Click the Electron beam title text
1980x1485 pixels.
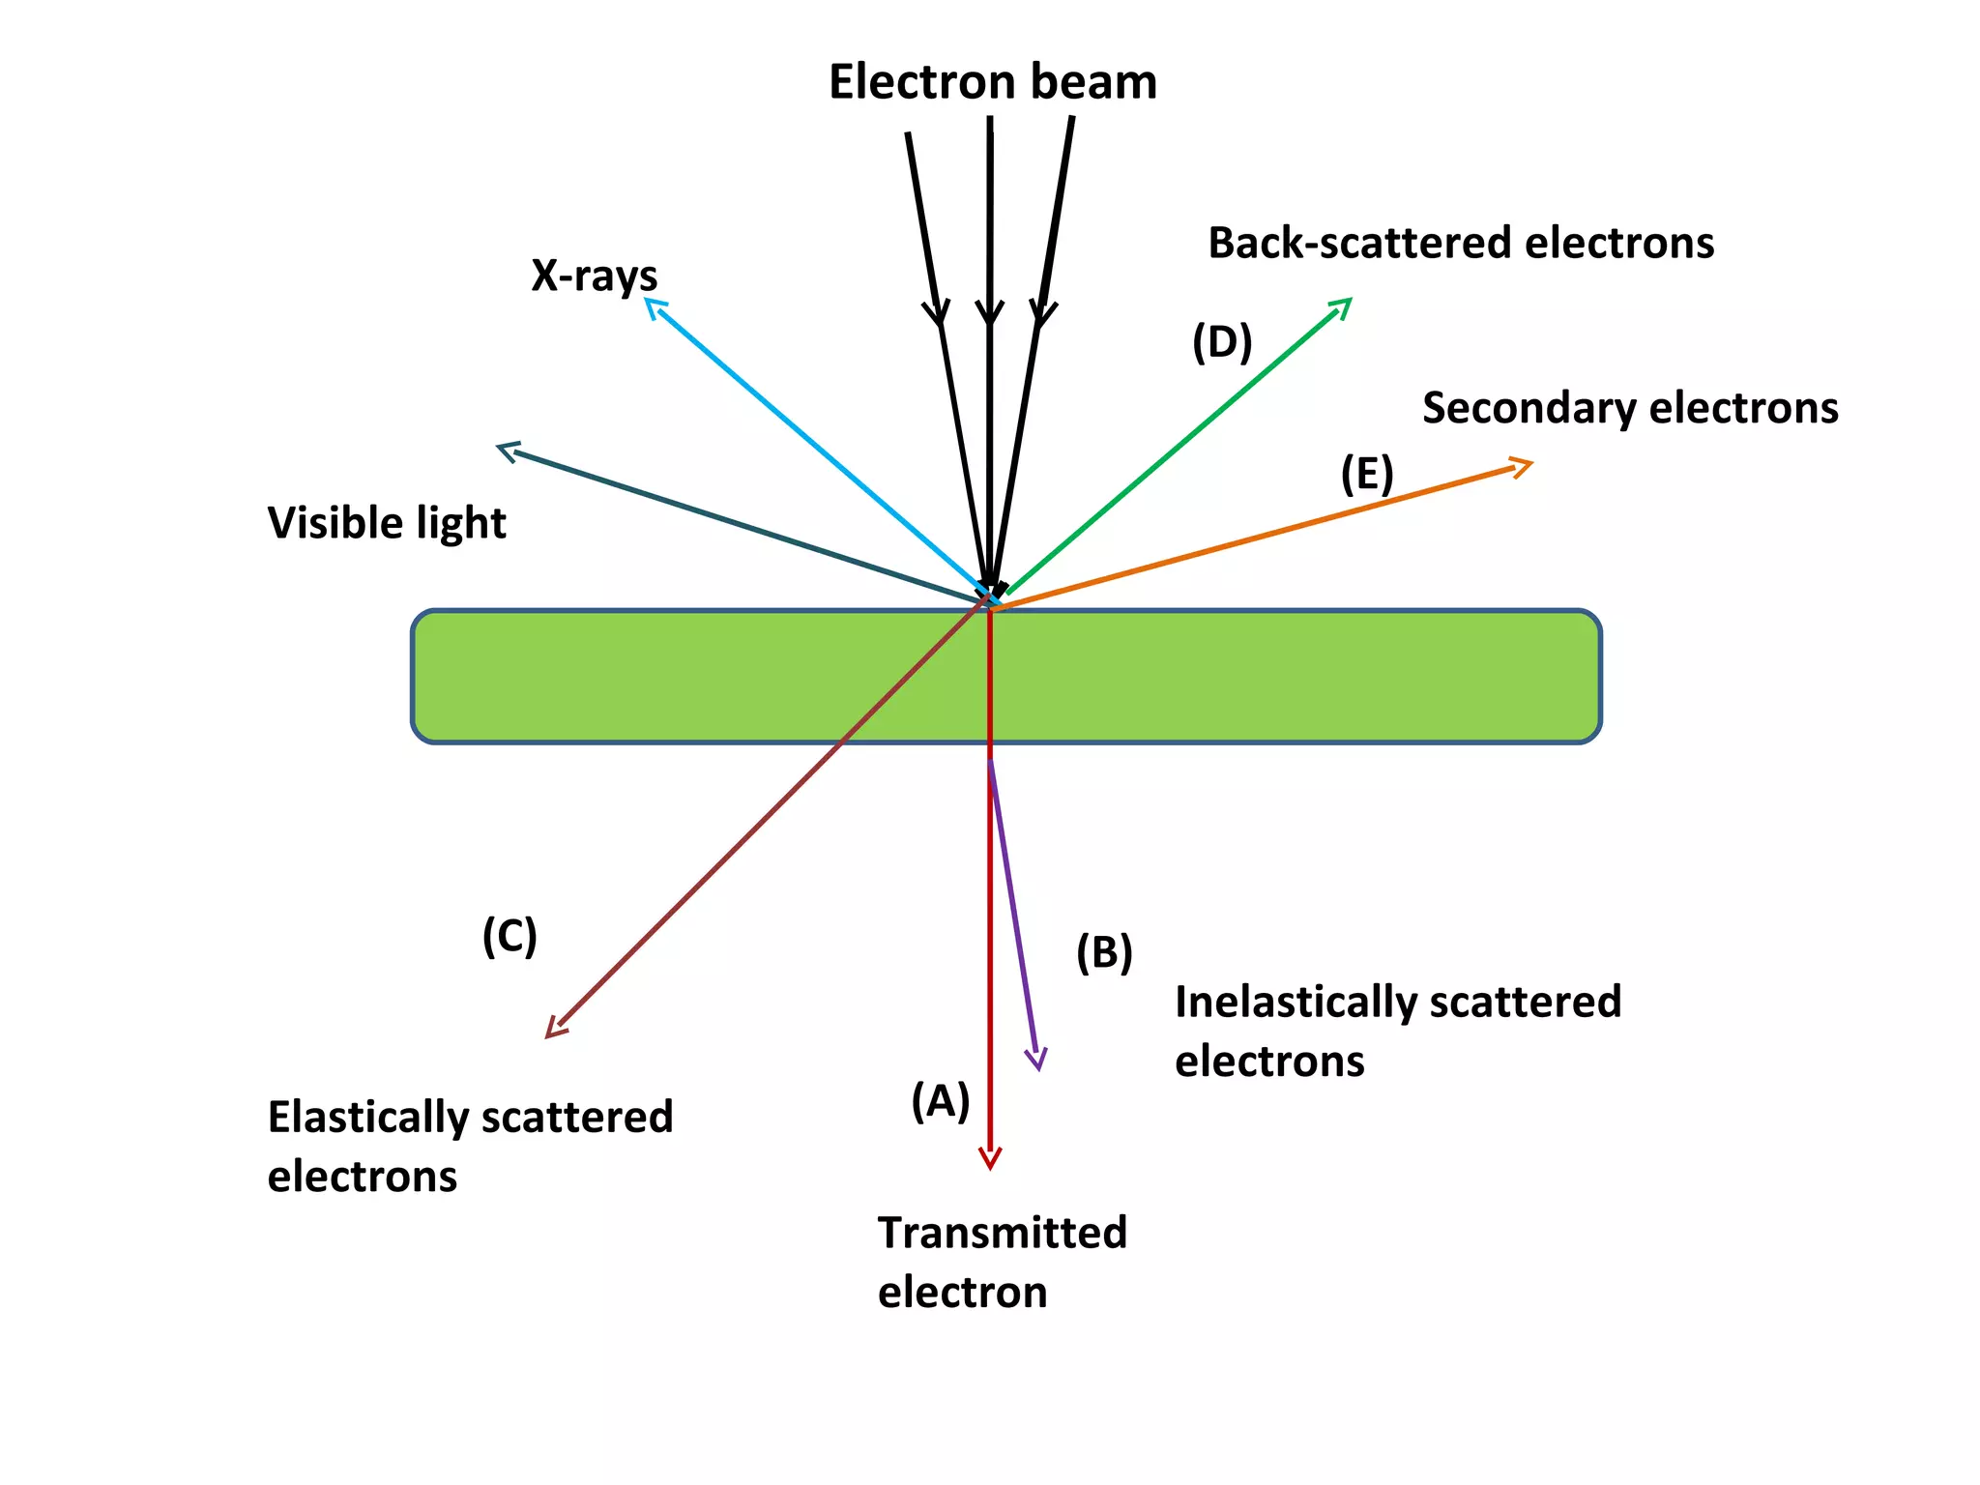992,82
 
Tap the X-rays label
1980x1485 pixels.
594,277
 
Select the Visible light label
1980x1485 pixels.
387,523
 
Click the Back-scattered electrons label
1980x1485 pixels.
1460,243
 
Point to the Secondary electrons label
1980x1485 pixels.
1630,408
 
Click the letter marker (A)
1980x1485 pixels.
940,1101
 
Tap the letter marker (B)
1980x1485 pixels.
1104,953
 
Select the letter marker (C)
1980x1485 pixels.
510,936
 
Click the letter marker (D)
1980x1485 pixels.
1221,342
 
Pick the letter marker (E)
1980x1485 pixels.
1366,474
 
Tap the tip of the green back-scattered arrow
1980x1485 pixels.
1347,303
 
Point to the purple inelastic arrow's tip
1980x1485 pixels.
1036,1063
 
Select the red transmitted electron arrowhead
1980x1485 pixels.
990,1163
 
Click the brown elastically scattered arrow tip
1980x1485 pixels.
551,1034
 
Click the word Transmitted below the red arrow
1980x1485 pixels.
1002,1234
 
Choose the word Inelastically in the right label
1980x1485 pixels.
1296,1003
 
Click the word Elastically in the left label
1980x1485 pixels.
367,1118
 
